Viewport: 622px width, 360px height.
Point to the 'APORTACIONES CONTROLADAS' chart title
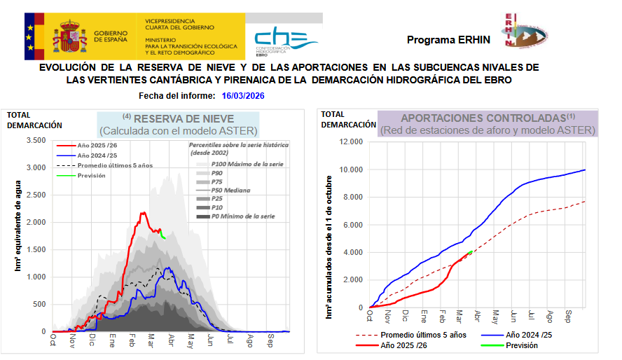coord(483,118)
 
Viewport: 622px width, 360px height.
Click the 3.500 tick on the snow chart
coord(34,140)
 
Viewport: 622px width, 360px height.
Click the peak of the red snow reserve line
coord(143,213)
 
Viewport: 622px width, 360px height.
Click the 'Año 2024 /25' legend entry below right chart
coord(529,335)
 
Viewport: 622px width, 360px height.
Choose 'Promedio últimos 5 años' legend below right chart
coord(418,335)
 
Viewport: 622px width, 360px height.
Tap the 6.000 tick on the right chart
coord(352,225)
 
